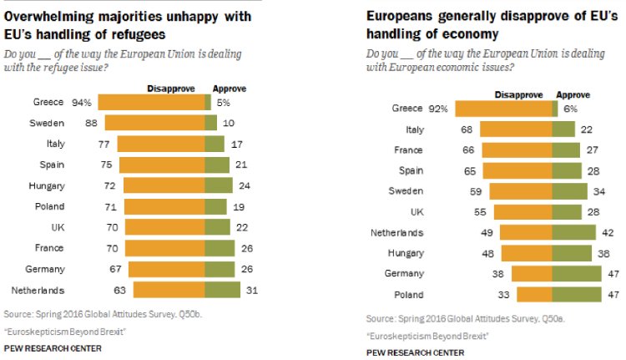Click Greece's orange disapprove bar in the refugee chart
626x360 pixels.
click(152, 103)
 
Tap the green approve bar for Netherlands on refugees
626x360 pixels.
click(222, 290)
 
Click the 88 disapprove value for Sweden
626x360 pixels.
click(91, 124)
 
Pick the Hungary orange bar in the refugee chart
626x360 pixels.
click(164, 185)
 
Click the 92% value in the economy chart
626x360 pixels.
click(439, 109)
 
